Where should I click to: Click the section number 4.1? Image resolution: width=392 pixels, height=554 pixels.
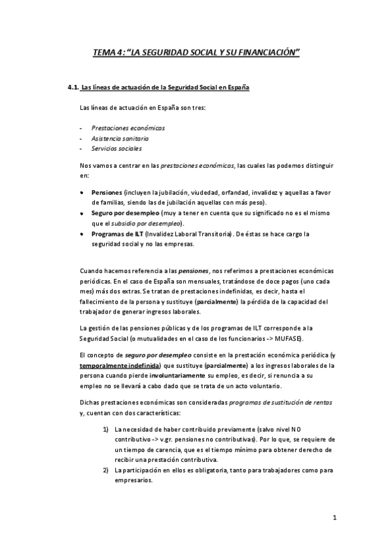(x=73, y=88)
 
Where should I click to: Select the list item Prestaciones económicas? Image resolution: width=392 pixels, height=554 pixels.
(x=119, y=127)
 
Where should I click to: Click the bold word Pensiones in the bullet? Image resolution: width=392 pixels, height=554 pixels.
(x=107, y=193)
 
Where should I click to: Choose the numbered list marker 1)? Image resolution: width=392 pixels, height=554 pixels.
(x=105, y=429)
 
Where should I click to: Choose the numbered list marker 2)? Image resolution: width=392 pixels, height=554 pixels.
(x=105, y=470)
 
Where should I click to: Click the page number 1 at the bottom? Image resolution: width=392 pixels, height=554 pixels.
(x=334, y=519)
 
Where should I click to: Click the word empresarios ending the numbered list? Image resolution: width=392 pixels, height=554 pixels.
(x=134, y=480)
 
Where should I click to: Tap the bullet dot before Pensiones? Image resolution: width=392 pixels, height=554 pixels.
(x=81, y=194)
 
